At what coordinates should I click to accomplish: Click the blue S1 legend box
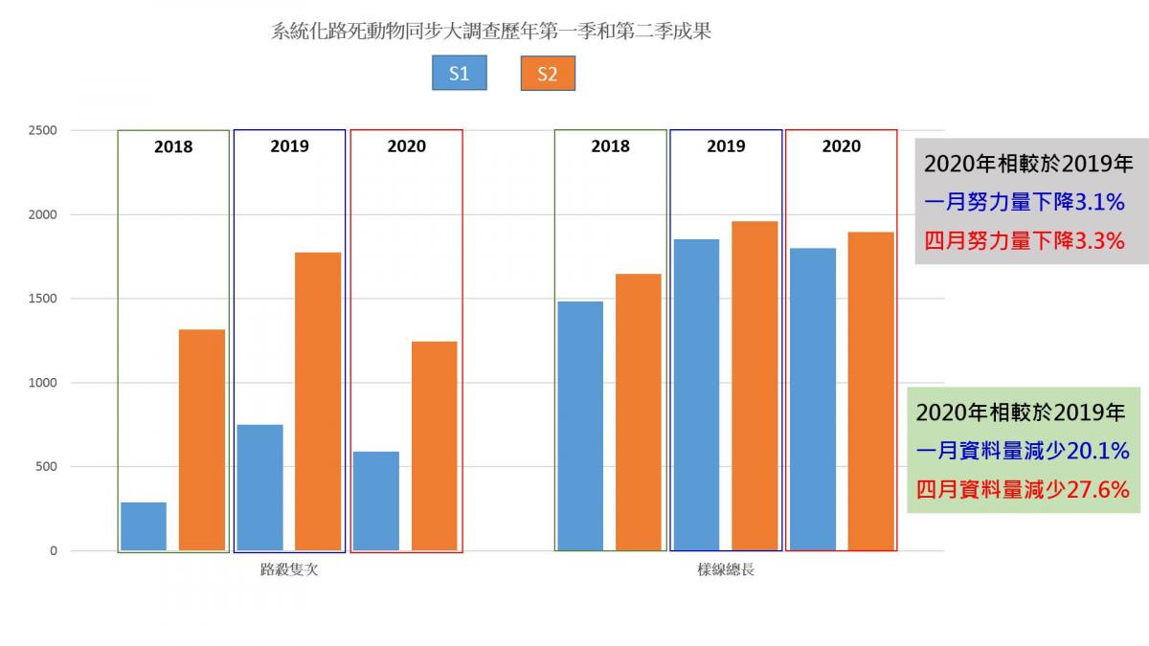coord(459,74)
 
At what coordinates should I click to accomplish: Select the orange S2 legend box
coord(547,74)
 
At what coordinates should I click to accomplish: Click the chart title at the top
coord(491,32)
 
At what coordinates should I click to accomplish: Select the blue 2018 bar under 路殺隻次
coord(144,526)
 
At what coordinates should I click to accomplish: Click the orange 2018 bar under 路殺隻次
coord(202,440)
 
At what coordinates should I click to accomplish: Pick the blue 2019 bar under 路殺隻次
coord(259,488)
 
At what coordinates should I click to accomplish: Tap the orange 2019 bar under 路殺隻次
coord(318,402)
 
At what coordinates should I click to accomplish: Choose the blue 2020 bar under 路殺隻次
coord(376,501)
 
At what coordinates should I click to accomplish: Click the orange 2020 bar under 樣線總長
coord(871,392)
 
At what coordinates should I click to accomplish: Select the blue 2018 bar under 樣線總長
coord(580,426)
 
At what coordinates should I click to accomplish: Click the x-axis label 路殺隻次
coord(288,570)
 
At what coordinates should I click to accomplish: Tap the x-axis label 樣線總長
coord(726,570)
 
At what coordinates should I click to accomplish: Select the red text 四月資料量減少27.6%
coord(1023,489)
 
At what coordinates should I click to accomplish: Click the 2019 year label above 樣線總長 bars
coord(726,146)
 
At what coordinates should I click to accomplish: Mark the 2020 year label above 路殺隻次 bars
coord(406,146)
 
